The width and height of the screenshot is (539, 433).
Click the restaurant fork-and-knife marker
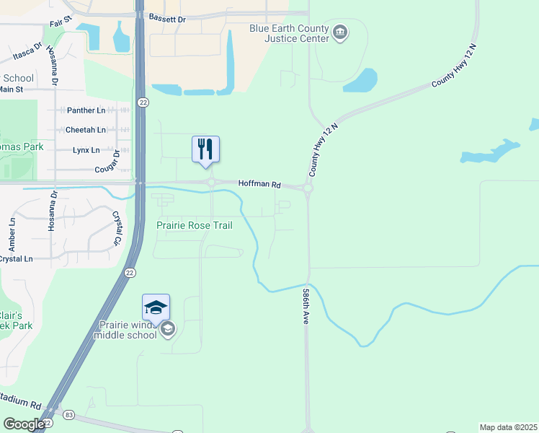(205, 149)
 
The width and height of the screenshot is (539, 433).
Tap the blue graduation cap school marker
(156, 307)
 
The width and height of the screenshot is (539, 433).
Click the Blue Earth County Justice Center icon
(340, 32)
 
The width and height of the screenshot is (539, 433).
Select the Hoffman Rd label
(259, 184)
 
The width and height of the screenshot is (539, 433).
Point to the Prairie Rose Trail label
(195, 226)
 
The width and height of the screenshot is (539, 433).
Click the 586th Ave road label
(306, 306)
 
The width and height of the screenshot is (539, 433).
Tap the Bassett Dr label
(166, 17)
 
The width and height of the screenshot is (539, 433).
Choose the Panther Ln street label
(86, 110)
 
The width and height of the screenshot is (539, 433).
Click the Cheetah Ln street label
(86, 130)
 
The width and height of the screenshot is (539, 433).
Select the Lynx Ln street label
(86, 150)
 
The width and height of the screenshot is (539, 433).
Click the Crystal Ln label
(16, 259)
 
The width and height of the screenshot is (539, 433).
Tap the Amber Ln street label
(12, 235)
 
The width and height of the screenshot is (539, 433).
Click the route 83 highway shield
(68, 415)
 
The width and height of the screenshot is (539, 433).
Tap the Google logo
(24, 424)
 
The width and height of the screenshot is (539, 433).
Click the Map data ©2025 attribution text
(508, 427)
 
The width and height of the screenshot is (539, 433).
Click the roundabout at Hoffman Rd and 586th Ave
(308, 189)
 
